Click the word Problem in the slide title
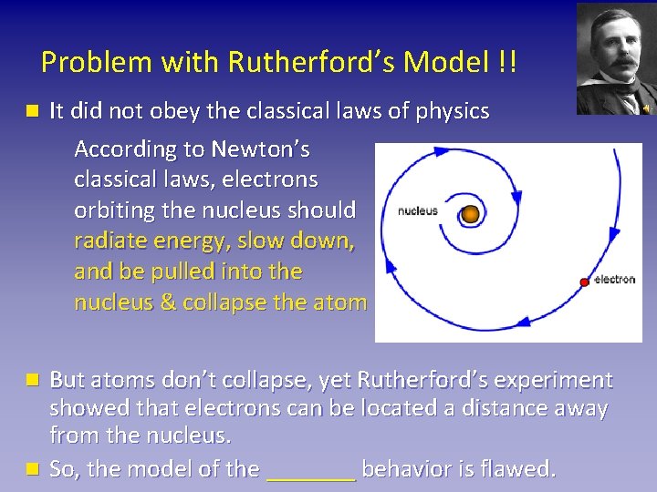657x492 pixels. (85, 62)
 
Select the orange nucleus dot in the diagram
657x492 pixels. (470, 214)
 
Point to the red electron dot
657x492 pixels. (584, 282)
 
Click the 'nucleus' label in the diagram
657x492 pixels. (418, 211)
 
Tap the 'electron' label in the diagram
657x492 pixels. (614, 279)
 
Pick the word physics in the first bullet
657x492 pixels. (453, 111)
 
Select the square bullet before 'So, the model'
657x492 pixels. (33, 469)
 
